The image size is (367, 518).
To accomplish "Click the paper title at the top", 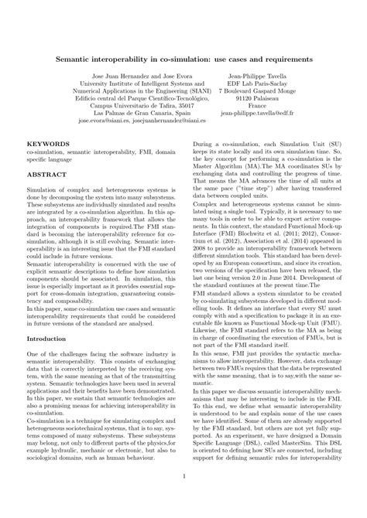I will tap(183, 58).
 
